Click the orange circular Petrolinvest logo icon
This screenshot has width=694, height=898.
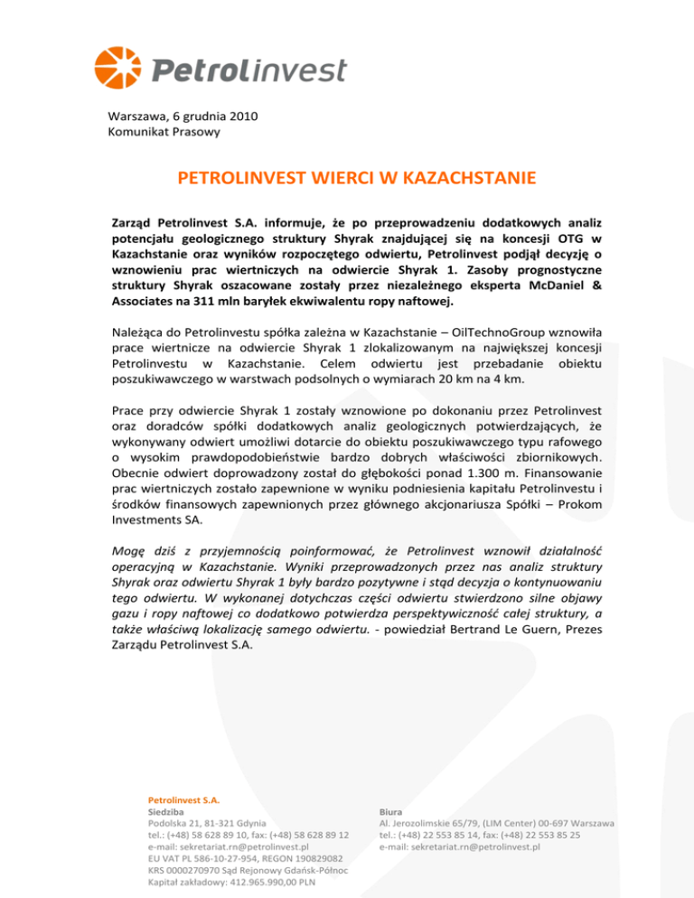pyautogui.click(x=119, y=69)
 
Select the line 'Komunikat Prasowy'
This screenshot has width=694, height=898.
pyautogui.click(x=164, y=132)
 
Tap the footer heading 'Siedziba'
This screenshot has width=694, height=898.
pyautogui.click(x=168, y=812)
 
